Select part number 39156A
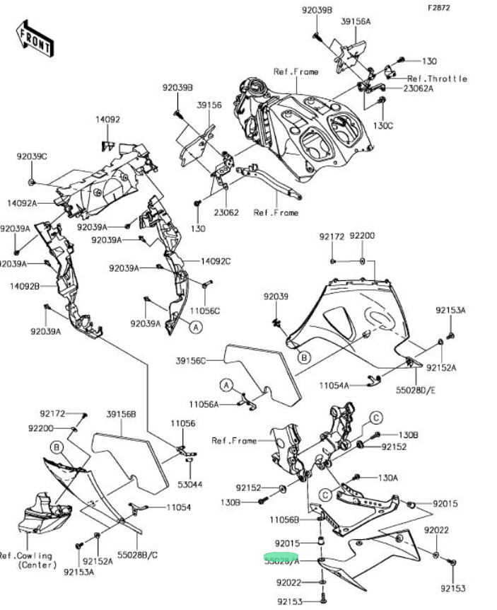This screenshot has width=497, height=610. pyautogui.click(x=356, y=22)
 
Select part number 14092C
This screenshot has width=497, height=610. pyautogui.click(x=216, y=261)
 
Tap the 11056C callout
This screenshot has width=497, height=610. pyautogui.click(x=206, y=311)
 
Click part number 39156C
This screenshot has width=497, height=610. pyautogui.click(x=190, y=361)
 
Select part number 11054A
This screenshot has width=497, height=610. pyautogui.click(x=334, y=386)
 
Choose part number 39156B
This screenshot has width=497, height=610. pyautogui.click(x=121, y=413)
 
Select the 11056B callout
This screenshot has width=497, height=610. pyautogui.click(x=285, y=520)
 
